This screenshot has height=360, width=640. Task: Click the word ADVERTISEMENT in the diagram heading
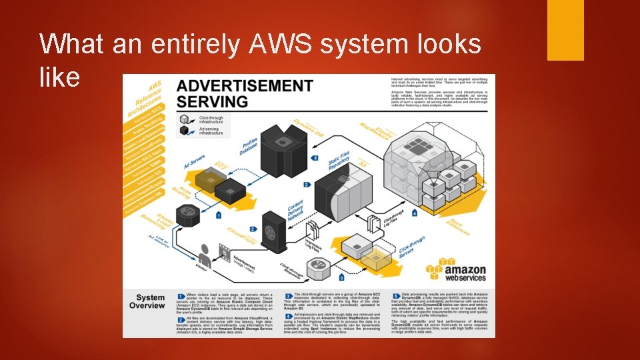coord(245,87)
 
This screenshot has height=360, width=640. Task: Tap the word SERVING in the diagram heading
coord(213,102)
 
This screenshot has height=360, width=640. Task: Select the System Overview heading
coord(150,301)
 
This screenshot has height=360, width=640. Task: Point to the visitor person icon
coord(205,254)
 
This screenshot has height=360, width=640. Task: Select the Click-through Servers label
coord(411,248)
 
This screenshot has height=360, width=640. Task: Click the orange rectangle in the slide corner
coord(565,30)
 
